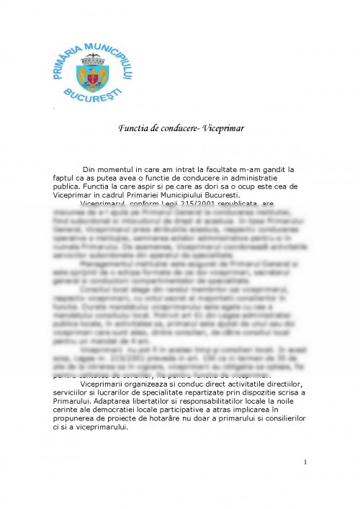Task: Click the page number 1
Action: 305,461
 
